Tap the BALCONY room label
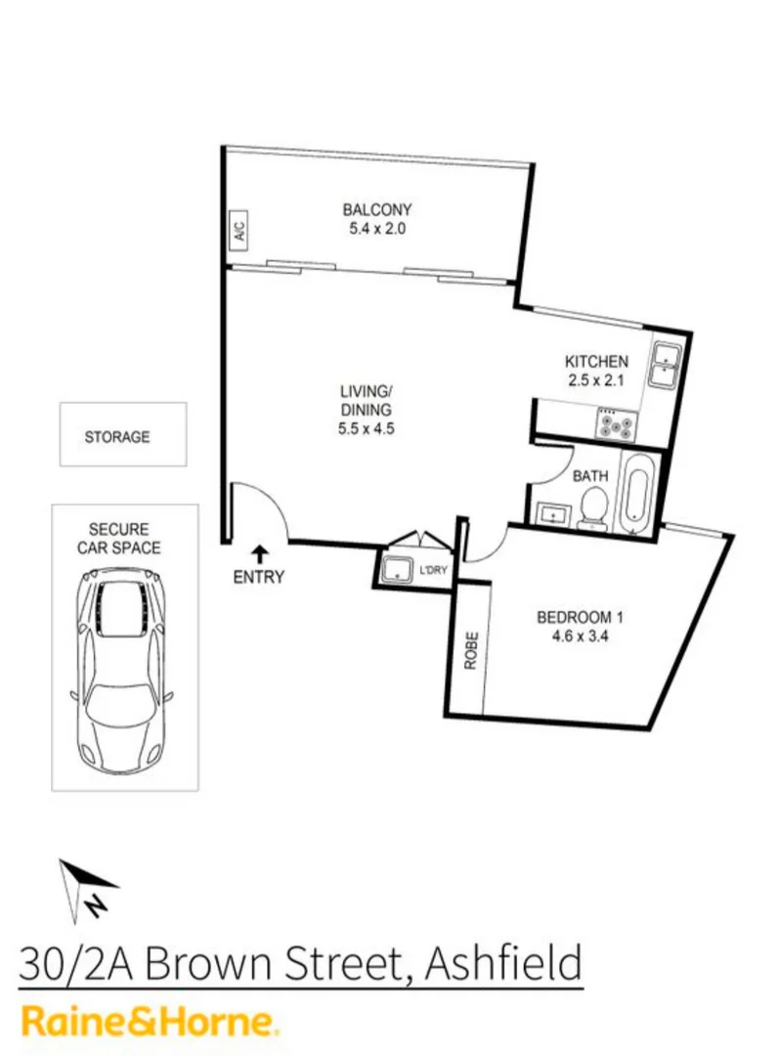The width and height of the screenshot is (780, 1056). coord(376,209)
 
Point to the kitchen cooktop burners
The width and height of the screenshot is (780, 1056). coord(617,424)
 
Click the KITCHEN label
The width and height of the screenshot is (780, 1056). coord(596,361)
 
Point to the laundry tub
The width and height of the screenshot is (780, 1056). coord(398,570)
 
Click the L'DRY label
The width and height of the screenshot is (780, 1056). coord(431,570)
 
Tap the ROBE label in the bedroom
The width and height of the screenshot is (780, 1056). coord(470,650)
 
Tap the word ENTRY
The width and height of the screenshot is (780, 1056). coord(258,577)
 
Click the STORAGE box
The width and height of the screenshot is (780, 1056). coord(122,435)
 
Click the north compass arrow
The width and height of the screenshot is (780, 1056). coord(86,887)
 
